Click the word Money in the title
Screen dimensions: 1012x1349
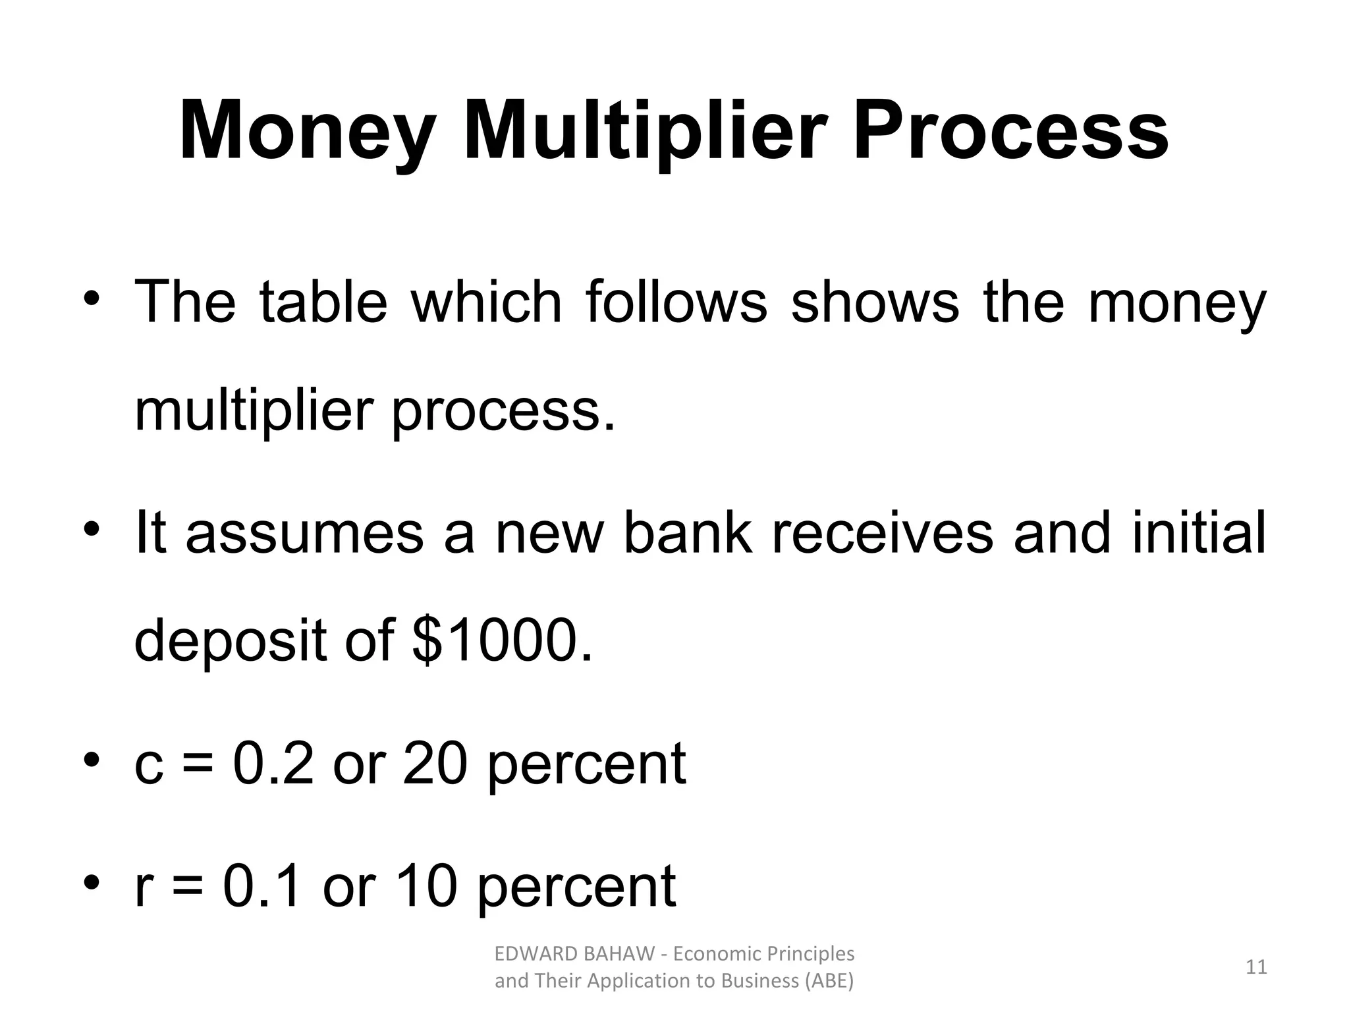[307, 132]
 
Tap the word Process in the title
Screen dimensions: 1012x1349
[1010, 132]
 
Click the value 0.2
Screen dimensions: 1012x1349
[273, 764]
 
